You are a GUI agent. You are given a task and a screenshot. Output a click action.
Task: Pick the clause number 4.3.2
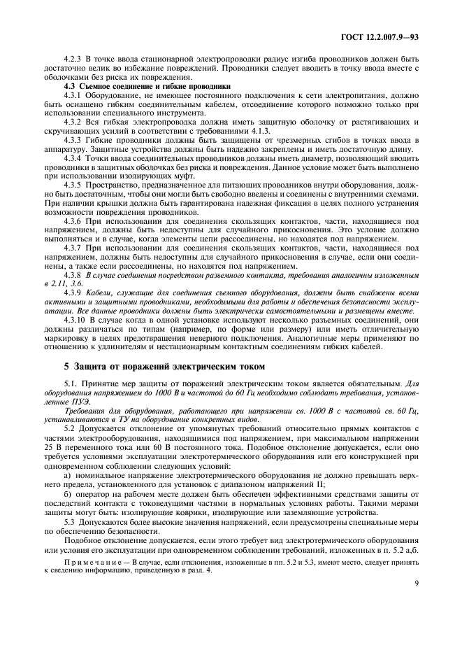[73, 121]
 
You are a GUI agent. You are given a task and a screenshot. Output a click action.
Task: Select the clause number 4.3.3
[73, 139]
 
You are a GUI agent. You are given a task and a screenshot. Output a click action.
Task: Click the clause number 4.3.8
[73, 274]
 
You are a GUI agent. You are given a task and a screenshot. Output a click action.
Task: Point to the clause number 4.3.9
[73, 293]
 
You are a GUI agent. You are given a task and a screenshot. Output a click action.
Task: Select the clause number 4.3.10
[75, 320]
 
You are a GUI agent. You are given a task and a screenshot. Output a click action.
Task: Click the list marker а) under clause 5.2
[67, 473]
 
